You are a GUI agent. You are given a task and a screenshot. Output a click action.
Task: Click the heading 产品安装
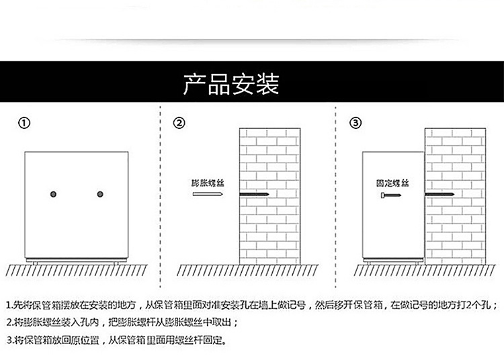click(231, 85)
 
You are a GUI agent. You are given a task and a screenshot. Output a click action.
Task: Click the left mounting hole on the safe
click(53, 195)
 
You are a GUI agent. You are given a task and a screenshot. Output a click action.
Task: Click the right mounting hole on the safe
click(100, 195)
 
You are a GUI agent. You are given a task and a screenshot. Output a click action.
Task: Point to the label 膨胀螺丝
click(206, 183)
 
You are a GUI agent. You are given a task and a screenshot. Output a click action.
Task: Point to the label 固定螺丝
click(393, 183)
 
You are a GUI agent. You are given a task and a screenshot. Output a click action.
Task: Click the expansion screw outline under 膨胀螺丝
click(206, 195)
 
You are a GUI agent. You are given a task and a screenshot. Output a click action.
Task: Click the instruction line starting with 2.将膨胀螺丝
click(121, 322)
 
